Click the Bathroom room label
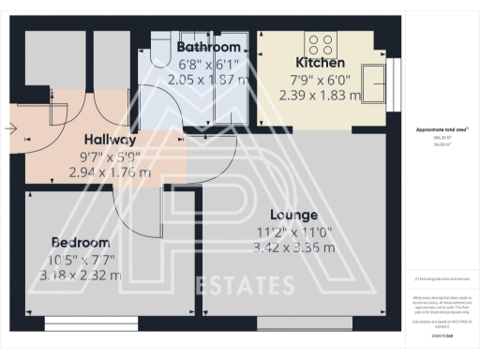pyautogui.click(x=209, y=47)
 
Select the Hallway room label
pyautogui.click(x=111, y=139)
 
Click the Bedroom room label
pyautogui.click(x=85, y=240)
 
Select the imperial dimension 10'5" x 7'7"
pyautogui.click(x=85, y=258)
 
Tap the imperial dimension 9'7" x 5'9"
pyautogui.click(x=109, y=156)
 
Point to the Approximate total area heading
pyautogui.click(x=434, y=129)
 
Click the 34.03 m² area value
pyautogui.click(x=433, y=145)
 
